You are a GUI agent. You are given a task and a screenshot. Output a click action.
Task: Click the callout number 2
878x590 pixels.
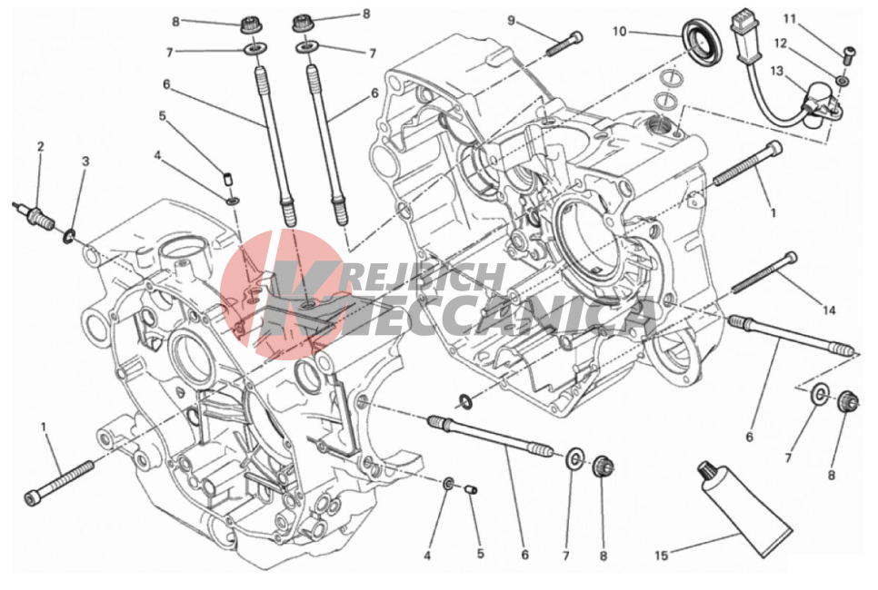pyautogui.click(x=40, y=146)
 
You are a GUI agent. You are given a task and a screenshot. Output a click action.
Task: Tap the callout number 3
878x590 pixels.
pyautogui.click(x=85, y=162)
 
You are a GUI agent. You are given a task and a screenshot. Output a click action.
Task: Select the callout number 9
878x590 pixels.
pyautogui.click(x=511, y=21)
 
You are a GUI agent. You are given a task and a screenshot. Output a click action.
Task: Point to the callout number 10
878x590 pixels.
pyautogui.click(x=619, y=32)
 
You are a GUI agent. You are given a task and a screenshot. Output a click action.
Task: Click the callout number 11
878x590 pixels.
pyautogui.click(x=790, y=19)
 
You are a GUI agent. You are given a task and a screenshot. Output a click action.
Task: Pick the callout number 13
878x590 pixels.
pyautogui.click(x=776, y=71)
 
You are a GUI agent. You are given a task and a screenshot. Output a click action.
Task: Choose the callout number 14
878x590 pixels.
pyautogui.click(x=829, y=310)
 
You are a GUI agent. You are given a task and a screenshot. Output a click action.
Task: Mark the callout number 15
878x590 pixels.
pyautogui.click(x=662, y=556)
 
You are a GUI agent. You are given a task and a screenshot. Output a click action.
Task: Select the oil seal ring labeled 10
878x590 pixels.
pyautogui.click(x=703, y=43)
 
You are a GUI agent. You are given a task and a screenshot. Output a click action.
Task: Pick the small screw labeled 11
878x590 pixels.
pyautogui.click(x=849, y=53)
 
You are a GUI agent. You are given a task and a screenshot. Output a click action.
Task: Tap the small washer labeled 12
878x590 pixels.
pyautogui.click(x=842, y=81)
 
